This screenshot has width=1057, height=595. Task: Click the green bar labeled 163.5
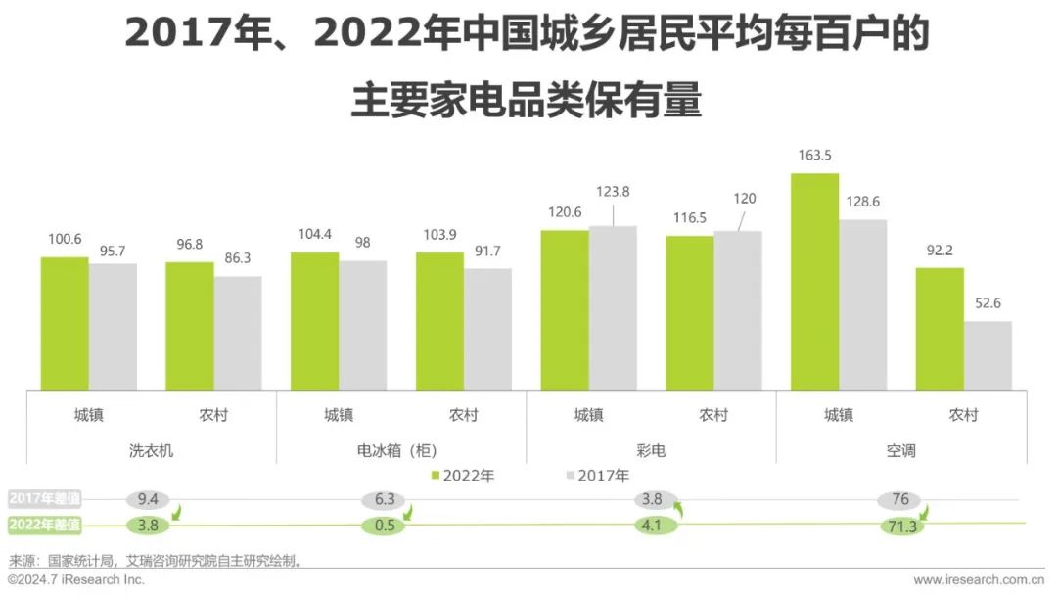(814, 282)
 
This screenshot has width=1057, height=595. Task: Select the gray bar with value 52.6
(988, 355)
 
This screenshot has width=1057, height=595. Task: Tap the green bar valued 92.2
(940, 329)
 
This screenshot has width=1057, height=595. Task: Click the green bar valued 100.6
(65, 324)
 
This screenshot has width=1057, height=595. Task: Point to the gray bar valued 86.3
(238, 333)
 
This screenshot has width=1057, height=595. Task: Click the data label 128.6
(862, 202)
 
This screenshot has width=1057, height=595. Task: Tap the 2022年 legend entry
(463, 476)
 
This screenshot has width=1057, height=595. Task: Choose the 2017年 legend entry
(597, 476)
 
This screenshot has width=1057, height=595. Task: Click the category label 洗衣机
(151, 451)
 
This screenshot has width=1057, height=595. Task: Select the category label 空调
(900, 451)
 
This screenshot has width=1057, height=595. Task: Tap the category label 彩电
(651, 451)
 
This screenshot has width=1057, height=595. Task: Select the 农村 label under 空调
(963, 415)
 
